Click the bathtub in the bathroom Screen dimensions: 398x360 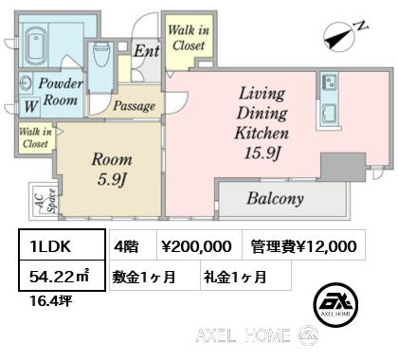point(36,45)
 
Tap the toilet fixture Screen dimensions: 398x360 point(101,55)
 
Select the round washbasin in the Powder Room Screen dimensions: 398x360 point(26,84)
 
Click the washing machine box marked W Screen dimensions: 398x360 point(30,106)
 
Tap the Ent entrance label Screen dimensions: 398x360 point(146,51)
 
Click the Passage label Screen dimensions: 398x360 point(135,106)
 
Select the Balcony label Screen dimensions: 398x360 point(276,198)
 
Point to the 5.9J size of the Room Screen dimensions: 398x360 point(112,180)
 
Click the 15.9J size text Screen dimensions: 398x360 point(262,153)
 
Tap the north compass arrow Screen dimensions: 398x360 point(338,41)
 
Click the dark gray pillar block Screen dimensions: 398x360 point(343,167)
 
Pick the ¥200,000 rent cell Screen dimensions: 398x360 point(200,245)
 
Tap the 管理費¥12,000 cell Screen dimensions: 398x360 point(304,245)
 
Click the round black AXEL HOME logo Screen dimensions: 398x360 point(336,304)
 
